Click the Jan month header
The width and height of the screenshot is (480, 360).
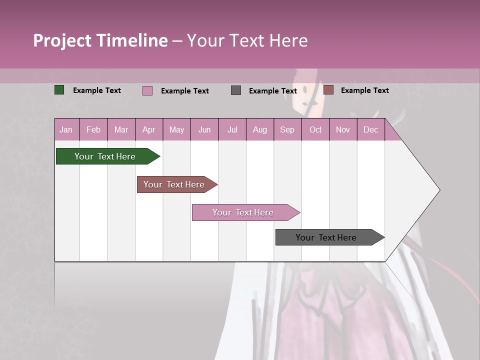point(66,129)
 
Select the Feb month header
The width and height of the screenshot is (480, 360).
point(93,129)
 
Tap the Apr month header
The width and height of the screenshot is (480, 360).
point(148,129)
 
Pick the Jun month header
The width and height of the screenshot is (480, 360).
point(204,129)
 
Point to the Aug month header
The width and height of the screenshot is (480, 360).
point(259,129)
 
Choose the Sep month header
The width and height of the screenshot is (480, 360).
point(287,129)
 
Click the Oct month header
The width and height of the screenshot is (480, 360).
point(315,129)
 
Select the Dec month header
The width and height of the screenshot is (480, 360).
point(370,129)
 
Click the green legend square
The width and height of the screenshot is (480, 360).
point(59,90)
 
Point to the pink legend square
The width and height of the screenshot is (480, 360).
point(147,90)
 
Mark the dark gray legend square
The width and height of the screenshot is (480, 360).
point(236,90)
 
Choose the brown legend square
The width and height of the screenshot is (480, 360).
point(328,90)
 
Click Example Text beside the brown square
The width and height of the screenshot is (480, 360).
point(364,90)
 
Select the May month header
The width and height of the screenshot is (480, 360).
point(176,129)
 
